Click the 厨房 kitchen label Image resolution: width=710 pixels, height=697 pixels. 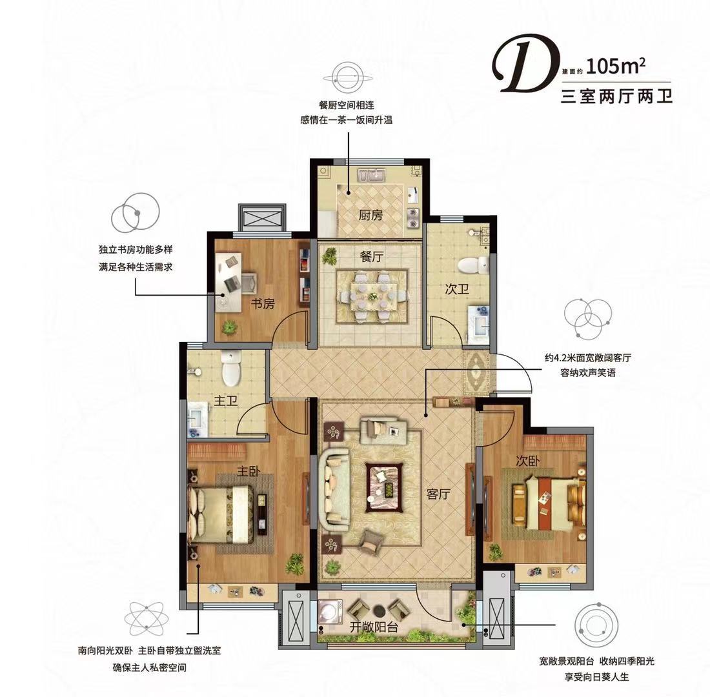(x=370, y=215)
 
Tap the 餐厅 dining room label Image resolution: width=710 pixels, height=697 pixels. (x=371, y=257)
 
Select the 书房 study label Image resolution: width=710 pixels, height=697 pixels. (x=263, y=303)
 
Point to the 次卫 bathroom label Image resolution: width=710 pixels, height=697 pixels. (x=456, y=289)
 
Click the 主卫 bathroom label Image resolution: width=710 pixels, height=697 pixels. (x=225, y=401)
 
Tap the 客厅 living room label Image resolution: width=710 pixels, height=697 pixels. (x=438, y=494)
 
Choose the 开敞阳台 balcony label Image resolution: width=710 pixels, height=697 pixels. (x=374, y=627)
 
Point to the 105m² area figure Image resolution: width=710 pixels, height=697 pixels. (x=615, y=66)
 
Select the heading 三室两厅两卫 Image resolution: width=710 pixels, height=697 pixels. (x=616, y=96)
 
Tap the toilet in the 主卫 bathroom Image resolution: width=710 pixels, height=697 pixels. (x=231, y=369)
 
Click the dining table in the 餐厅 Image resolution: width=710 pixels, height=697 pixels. (x=372, y=296)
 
